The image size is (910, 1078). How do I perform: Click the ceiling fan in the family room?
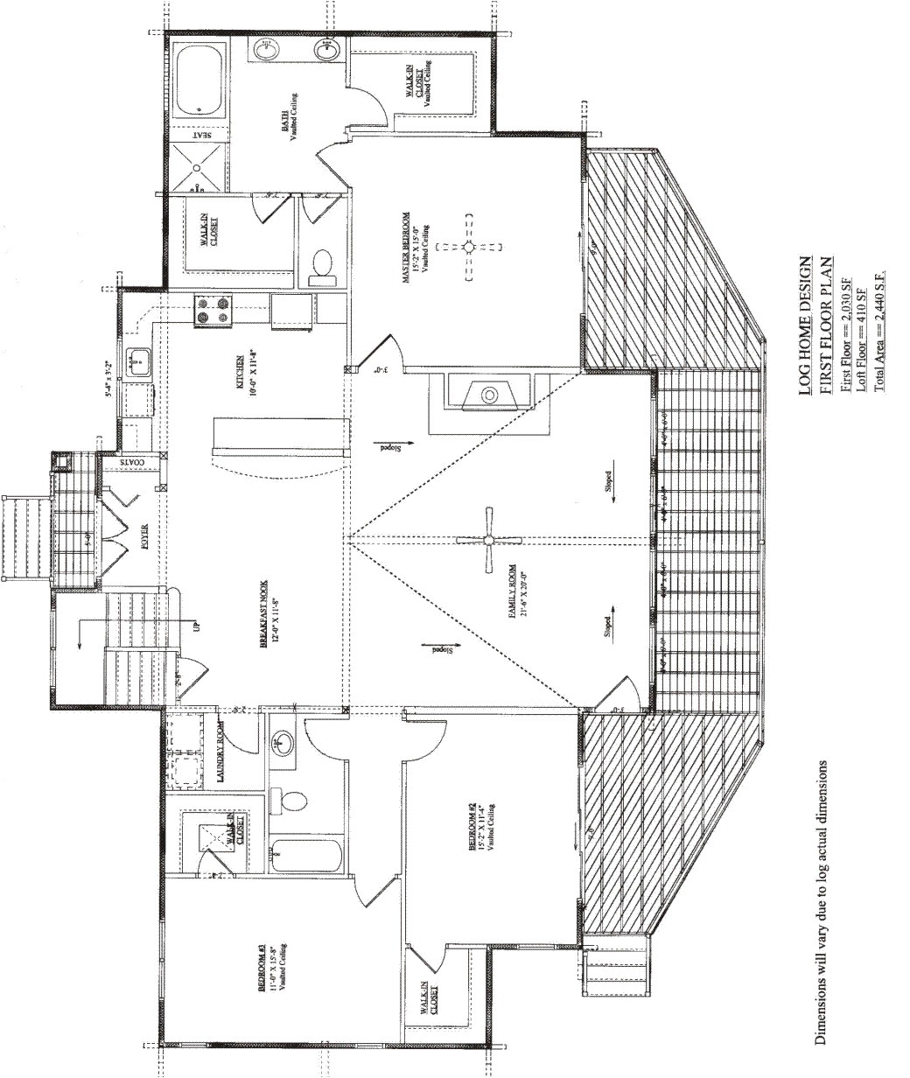(x=490, y=540)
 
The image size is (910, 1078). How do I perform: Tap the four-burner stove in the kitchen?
(x=214, y=310)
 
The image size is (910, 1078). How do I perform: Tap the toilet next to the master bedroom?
(x=322, y=267)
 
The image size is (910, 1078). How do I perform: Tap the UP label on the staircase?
(x=195, y=626)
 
